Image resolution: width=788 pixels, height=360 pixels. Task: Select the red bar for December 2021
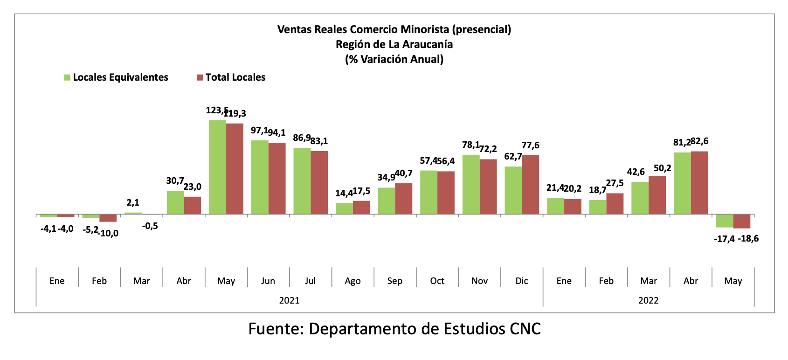(530, 185)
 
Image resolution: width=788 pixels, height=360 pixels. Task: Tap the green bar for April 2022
(682, 183)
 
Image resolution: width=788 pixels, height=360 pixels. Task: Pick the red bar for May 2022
(741, 221)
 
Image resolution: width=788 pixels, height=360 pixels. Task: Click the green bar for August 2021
(344, 208)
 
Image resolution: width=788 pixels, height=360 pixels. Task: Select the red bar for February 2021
(108, 218)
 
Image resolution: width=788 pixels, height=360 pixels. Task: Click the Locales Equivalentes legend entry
(116, 77)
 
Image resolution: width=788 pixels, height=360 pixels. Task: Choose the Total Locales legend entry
(231, 77)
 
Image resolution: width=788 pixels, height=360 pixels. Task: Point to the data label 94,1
(276, 133)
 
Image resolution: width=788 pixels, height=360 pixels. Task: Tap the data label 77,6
(530, 145)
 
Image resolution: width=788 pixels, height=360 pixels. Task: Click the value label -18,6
(748, 239)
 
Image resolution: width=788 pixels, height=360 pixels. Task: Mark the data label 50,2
(662, 168)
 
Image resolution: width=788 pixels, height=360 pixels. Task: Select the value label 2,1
(133, 203)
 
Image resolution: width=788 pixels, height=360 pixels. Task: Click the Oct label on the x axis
(437, 281)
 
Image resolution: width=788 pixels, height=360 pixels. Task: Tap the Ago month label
(353, 281)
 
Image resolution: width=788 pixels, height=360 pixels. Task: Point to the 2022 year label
(648, 300)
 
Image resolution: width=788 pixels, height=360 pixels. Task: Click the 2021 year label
(289, 300)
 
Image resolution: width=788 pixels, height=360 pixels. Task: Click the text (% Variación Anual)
(394, 59)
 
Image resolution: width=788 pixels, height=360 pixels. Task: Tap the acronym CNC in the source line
(525, 329)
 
